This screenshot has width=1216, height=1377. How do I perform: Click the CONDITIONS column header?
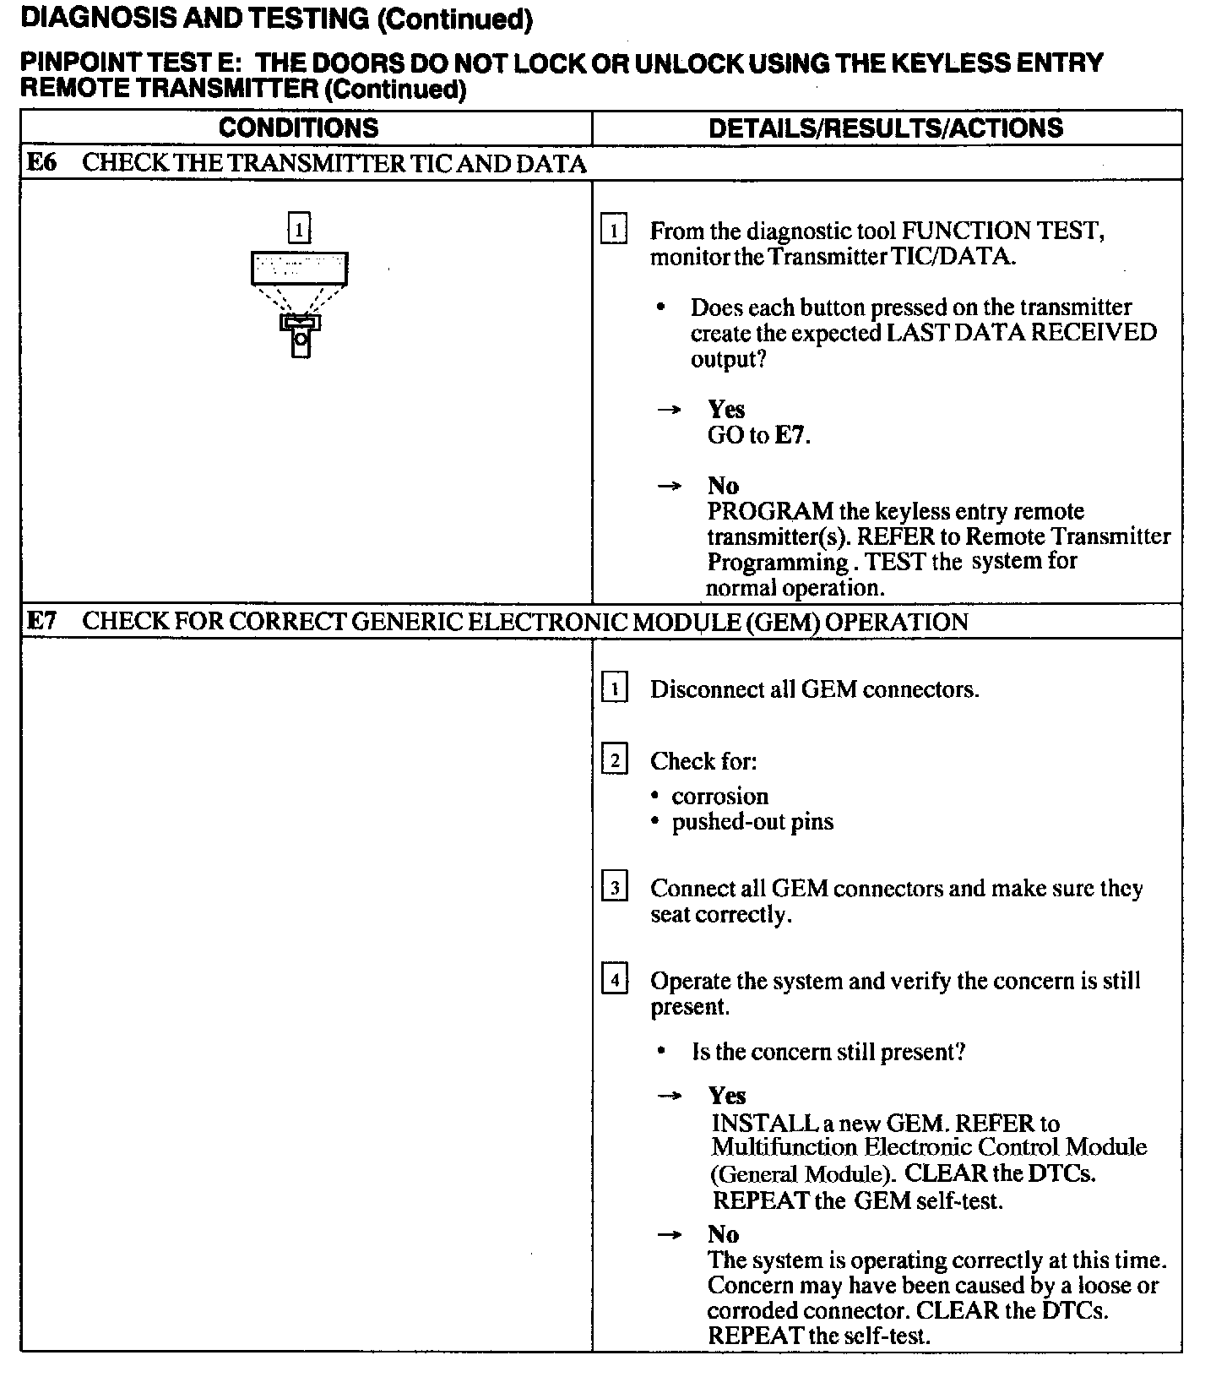[x=298, y=128]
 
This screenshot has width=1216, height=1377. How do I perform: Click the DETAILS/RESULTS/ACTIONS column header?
[x=886, y=128]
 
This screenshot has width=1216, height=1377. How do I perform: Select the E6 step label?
[x=41, y=163]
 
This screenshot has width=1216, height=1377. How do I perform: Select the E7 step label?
[x=41, y=622]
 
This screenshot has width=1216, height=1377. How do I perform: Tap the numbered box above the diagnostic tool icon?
[x=299, y=229]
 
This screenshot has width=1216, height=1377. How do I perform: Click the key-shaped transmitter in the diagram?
[x=301, y=335]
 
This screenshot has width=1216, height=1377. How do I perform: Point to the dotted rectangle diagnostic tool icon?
[x=299, y=269]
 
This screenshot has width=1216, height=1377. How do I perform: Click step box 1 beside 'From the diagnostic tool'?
[x=614, y=231]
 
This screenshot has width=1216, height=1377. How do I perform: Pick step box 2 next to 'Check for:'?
[x=614, y=761]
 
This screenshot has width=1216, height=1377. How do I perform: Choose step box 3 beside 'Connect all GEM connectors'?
[x=614, y=889]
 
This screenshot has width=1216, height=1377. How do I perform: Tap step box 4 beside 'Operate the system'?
[x=614, y=981]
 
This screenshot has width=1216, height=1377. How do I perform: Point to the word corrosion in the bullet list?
[x=720, y=797]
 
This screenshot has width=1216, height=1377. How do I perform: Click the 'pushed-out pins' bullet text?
[x=752, y=822]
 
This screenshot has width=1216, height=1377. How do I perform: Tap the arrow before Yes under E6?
[x=669, y=411]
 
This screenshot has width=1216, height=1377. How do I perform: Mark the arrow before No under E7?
[x=669, y=1235]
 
